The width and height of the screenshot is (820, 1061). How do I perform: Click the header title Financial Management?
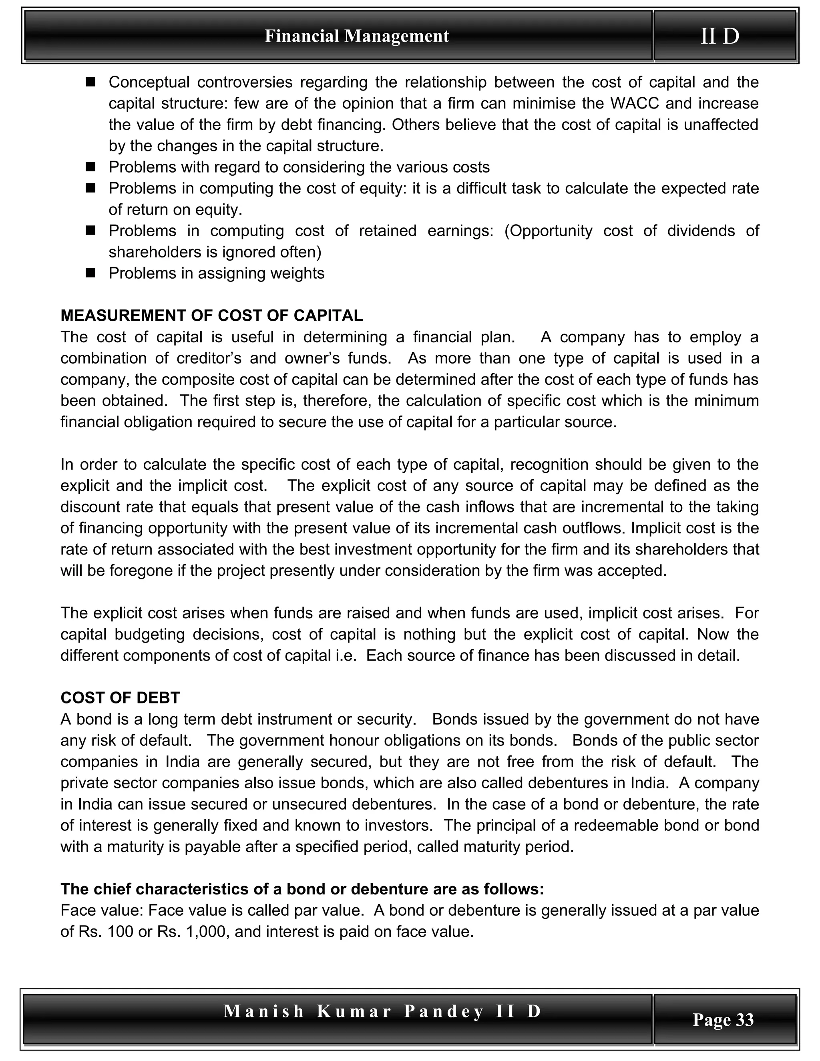click(357, 36)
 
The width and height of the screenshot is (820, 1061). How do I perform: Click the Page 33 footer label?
click(723, 1019)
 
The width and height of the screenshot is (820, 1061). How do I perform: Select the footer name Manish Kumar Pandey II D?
click(382, 1011)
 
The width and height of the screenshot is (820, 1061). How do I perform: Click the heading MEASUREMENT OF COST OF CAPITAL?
click(211, 316)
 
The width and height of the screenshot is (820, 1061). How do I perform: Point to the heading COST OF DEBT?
click(120, 698)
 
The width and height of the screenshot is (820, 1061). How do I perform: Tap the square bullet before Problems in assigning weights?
click(90, 273)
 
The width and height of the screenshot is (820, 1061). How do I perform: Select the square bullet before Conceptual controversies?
click(90, 82)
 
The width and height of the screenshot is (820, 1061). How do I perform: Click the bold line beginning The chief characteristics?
click(302, 889)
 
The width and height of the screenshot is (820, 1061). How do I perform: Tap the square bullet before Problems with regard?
click(90, 167)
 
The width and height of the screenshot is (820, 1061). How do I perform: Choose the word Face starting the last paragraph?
click(77, 910)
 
